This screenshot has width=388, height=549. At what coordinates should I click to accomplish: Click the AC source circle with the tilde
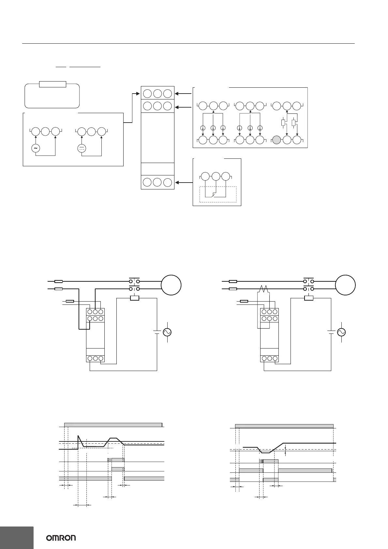[x=35, y=148]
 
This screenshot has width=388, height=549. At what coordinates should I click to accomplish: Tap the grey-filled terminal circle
[x=276, y=140]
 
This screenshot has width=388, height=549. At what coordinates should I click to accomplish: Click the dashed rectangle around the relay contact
[x=218, y=194]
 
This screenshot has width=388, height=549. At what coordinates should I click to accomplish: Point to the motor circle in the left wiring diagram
[x=171, y=285]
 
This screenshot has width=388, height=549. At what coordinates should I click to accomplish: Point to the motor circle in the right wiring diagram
[x=346, y=285]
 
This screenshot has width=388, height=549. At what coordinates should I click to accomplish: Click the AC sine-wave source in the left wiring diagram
[x=167, y=332]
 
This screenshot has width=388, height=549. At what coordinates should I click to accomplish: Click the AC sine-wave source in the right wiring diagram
[x=341, y=332]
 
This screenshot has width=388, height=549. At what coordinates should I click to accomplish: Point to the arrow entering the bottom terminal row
[x=184, y=182]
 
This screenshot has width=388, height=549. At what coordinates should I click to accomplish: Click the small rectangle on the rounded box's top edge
[x=52, y=84]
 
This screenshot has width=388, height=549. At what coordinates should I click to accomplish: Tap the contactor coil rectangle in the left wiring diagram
[x=135, y=298]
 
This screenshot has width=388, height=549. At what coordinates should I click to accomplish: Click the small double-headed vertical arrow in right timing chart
[x=285, y=547]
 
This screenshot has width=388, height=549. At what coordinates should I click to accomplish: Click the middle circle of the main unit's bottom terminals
[x=157, y=182]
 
